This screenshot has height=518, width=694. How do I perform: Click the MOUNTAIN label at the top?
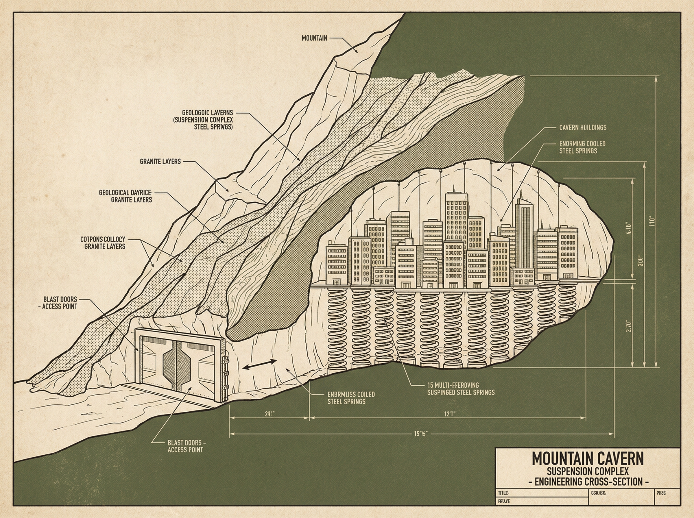coord(314,38)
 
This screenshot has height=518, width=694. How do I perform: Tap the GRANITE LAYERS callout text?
coord(160,162)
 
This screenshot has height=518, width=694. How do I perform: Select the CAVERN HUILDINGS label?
coord(583,127)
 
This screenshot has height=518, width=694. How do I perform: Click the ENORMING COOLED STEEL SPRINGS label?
coord(582,147)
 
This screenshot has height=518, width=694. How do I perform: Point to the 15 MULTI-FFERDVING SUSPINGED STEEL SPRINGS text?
coord(461,388)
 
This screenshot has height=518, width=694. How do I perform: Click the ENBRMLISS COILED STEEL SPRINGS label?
coord(351,398)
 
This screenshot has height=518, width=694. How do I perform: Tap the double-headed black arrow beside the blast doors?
coord(260,365)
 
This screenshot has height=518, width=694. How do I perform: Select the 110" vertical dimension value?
coord(653,221)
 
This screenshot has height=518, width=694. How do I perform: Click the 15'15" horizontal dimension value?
coord(420,434)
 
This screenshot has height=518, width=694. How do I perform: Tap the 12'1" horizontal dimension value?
coord(449,414)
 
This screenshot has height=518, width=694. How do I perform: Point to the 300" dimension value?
coord(641,261)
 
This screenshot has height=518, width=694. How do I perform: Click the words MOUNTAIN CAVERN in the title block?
coord(588,458)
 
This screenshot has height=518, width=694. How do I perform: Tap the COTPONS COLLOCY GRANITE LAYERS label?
coord(103,243)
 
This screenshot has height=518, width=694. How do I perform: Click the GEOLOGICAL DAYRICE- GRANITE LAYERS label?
coord(125,196)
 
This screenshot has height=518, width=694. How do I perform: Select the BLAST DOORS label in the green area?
coord(186,446)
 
